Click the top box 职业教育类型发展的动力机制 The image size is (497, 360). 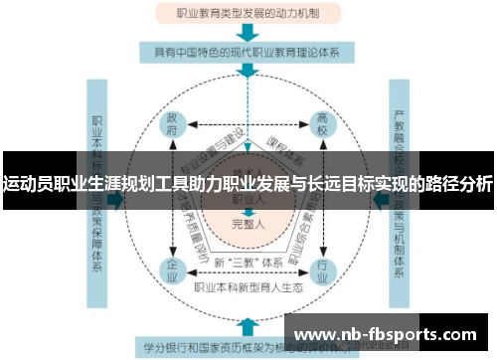click(x=248, y=14)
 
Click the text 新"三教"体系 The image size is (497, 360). click(x=246, y=263)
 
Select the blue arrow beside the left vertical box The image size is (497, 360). click(x=116, y=198)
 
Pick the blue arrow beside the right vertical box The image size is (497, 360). click(x=379, y=198)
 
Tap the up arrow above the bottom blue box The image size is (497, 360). click(x=248, y=324)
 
